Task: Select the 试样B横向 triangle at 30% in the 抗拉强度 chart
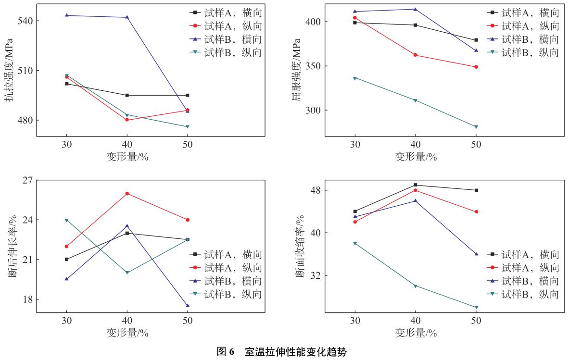click(66, 15)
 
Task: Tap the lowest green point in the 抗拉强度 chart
click(188, 127)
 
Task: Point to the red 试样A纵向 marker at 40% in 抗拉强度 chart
click(127, 120)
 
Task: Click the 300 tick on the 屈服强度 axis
click(314, 110)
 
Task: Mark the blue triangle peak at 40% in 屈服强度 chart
click(415, 9)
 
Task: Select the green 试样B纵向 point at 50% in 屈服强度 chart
click(476, 127)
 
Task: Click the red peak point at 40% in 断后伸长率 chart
click(127, 194)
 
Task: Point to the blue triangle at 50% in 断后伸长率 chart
click(188, 306)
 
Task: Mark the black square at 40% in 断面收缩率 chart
click(415, 185)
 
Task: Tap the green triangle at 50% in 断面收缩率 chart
click(476, 308)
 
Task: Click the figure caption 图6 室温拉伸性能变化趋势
click(284, 352)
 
